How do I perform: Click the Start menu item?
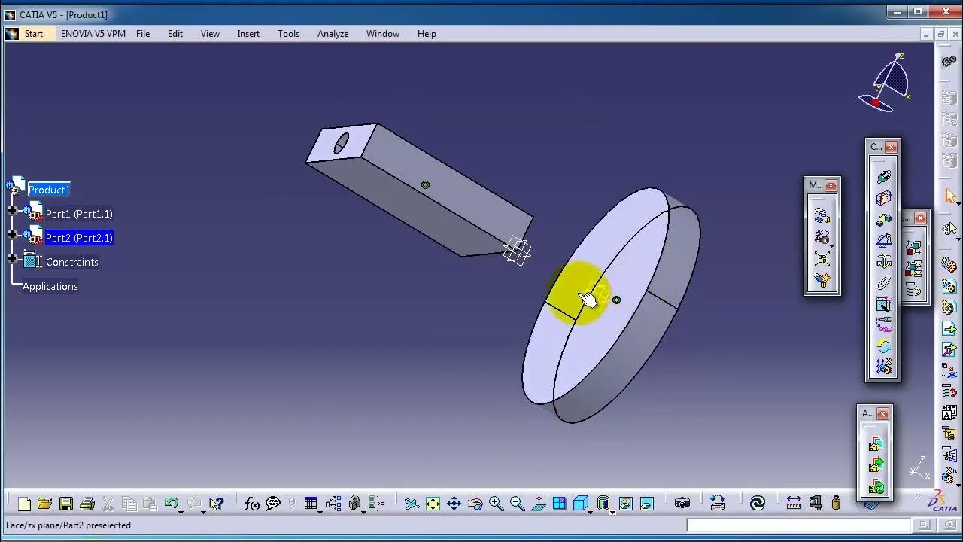pyautogui.click(x=33, y=34)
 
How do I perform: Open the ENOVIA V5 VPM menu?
pyautogui.click(x=93, y=34)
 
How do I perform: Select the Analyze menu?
pyautogui.click(x=333, y=34)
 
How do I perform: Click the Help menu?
pyautogui.click(x=427, y=34)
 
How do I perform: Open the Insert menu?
pyautogui.click(x=248, y=34)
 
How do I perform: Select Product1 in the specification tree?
pyautogui.click(x=49, y=190)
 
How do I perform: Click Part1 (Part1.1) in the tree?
pyautogui.click(x=79, y=214)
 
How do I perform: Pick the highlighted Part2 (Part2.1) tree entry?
pyautogui.click(x=79, y=238)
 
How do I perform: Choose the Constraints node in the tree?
pyautogui.click(x=71, y=262)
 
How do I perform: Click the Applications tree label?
pyautogui.click(x=50, y=286)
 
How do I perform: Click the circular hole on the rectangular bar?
pyautogui.click(x=341, y=142)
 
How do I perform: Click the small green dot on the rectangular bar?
pyautogui.click(x=426, y=185)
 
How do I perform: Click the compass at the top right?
pyautogui.click(x=888, y=83)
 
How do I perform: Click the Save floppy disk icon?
pyautogui.click(x=66, y=504)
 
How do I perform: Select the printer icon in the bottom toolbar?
pyautogui.click(x=87, y=504)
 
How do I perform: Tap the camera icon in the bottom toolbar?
pyautogui.click(x=682, y=504)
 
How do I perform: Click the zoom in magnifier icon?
pyautogui.click(x=496, y=504)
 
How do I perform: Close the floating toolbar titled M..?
pyautogui.click(x=831, y=185)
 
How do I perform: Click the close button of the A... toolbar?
pyautogui.click(x=883, y=413)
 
